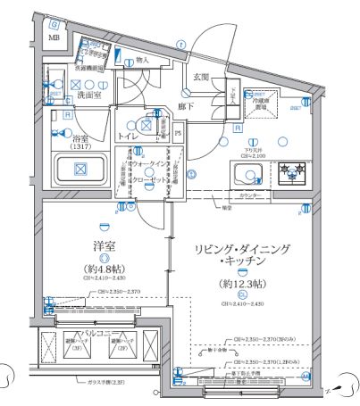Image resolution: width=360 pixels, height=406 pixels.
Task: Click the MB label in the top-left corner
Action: [54, 38]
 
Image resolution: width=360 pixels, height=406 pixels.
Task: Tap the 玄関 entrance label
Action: [203, 78]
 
